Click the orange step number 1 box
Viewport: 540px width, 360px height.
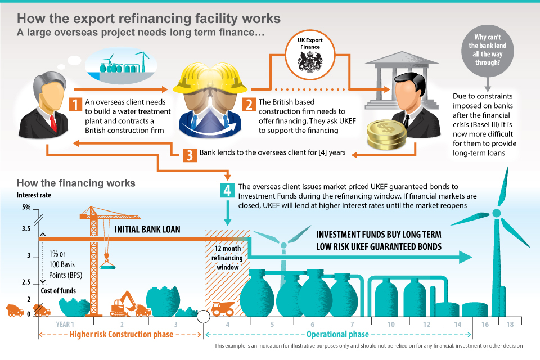point(74,105)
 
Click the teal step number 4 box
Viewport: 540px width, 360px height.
point(227,190)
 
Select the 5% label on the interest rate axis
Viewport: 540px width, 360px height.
point(26,208)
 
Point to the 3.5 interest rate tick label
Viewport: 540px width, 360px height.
point(26,229)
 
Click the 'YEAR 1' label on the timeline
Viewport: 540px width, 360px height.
point(65,325)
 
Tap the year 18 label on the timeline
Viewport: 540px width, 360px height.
point(510,325)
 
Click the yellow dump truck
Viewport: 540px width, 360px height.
point(223,308)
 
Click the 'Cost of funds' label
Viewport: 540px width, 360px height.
point(58,290)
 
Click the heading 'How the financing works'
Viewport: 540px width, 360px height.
point(76,183)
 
